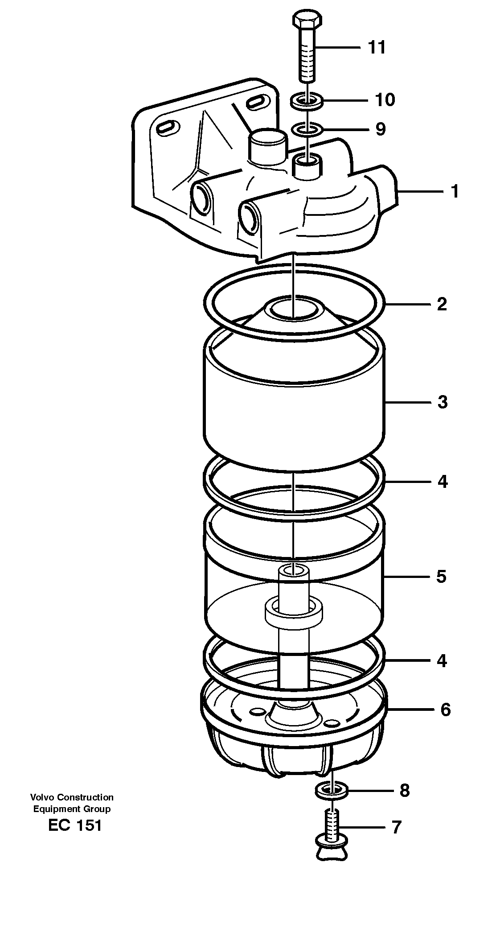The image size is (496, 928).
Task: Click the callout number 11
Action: tap(377, 47)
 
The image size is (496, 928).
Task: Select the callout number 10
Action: tap(385, 100)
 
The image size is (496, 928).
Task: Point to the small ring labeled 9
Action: tap(307, 130)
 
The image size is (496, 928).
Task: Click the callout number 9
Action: tap(380, 129)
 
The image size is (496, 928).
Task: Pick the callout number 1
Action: tap(454, 192)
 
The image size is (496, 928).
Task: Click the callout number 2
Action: tap(442, 304)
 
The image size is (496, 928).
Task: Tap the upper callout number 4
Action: tap(442, 482)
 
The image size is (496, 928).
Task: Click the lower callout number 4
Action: tap(442, 660)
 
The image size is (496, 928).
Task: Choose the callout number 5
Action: tap(441, 577)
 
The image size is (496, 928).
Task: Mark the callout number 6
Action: tap(445, 709)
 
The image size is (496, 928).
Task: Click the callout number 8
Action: tap(404, 791)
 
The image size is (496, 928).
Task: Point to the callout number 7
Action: tap(396, 827)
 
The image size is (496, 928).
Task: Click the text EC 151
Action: tap(75, 825)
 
